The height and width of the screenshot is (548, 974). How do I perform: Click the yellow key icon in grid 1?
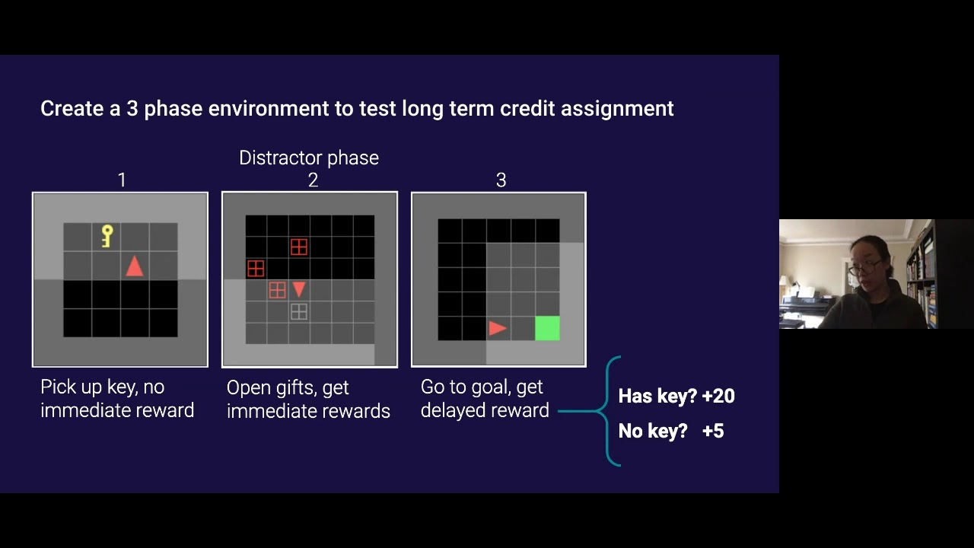point(107,236)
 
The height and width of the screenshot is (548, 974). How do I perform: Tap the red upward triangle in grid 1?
point(135,266)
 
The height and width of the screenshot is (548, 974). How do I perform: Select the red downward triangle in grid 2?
point(299,289)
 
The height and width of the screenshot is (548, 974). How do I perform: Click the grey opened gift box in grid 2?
point(299,311)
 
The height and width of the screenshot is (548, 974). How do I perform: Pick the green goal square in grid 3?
point(547,328)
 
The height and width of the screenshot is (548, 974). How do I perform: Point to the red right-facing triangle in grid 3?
point(498,328)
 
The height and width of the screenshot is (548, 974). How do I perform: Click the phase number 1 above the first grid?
point(122,180)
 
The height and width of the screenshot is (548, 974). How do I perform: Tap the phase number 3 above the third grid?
point(501,180)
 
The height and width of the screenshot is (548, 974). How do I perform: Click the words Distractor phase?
point(308,158)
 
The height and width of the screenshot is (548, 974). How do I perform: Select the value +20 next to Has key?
point(718,396)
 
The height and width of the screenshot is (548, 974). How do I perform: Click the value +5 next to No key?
point(712,431)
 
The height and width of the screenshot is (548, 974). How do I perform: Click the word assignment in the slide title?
point(616,109)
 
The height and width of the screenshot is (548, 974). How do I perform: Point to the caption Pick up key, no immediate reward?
point(116,398)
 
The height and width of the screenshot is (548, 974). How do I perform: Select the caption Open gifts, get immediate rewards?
point(307,399)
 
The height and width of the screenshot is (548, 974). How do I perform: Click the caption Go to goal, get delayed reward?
point(484,398)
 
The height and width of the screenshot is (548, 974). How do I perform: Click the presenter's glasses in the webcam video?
point(864,267)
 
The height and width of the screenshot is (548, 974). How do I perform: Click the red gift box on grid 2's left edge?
point(256,269)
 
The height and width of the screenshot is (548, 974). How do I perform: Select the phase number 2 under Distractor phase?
point(313,180)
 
